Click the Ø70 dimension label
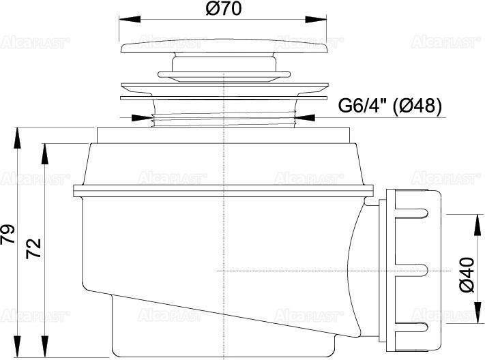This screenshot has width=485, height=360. (x=223, y=9)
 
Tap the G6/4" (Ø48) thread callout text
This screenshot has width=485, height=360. (x=390, y=106)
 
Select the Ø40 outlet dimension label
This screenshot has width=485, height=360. (x=467, y=275)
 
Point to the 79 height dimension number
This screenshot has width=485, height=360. (x=8, y=234)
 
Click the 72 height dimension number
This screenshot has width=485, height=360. (x=33, y=248)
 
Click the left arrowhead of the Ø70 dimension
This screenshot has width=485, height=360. (x=130, y=20)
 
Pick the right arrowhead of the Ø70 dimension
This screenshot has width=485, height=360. (x=316, y=20)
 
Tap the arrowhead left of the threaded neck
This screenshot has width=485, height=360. (x=142, y=118)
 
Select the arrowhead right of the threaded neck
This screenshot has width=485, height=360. (x=304, y=118)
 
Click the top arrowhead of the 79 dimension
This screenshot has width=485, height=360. (x=18, y=137)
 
